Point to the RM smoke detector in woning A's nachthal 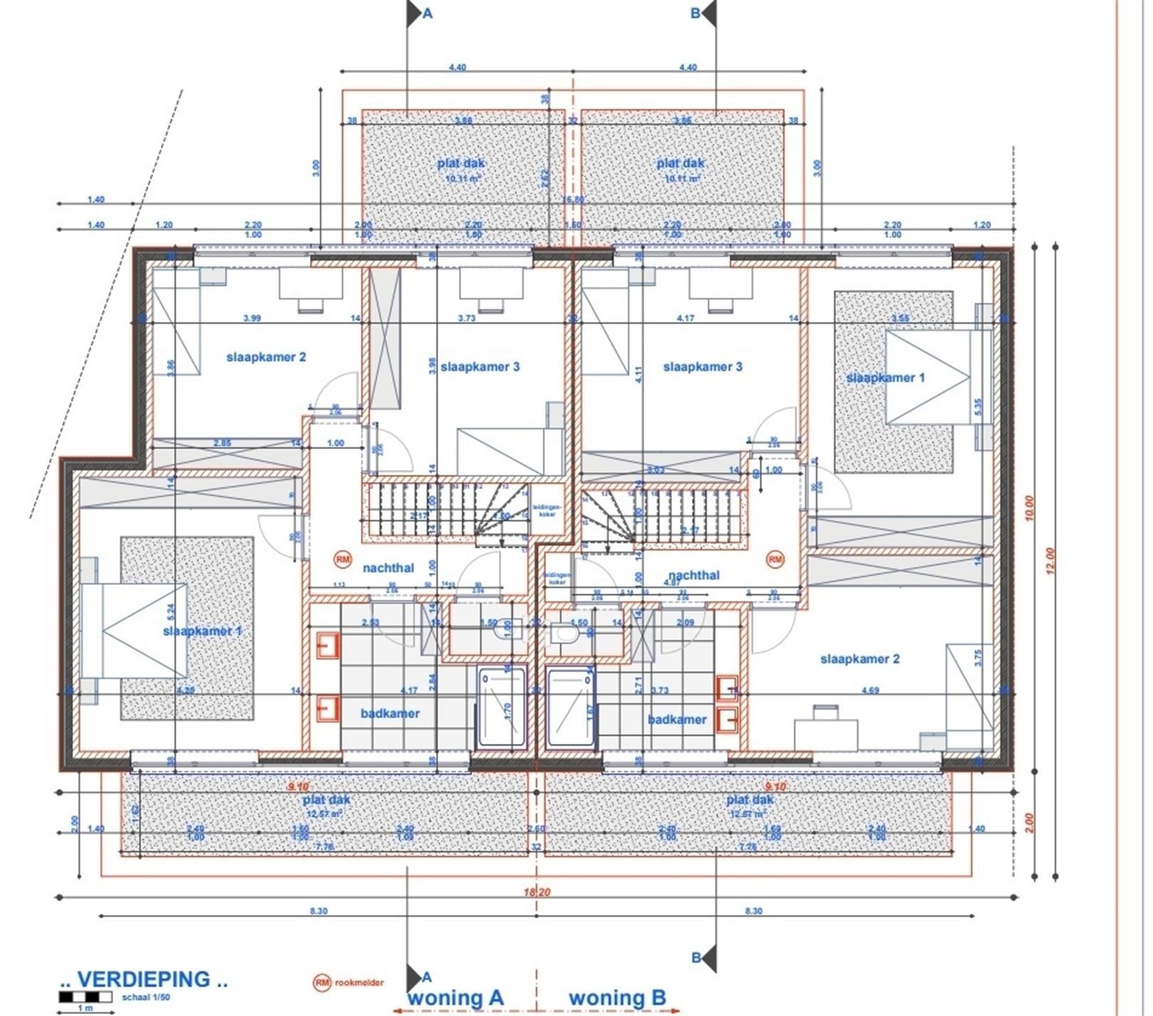pos(343,559)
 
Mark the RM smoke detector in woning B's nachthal pos(775,559)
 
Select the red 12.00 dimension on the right pos(1053,560)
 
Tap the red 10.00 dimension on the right pos(1030,508)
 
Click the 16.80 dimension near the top pos(572,200)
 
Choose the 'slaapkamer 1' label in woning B pos(885,378)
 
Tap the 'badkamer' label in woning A pos(390,714)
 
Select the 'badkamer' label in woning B pos(677,719)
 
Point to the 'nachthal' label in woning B pos(694,575)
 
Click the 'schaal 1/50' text pos(147,997)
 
